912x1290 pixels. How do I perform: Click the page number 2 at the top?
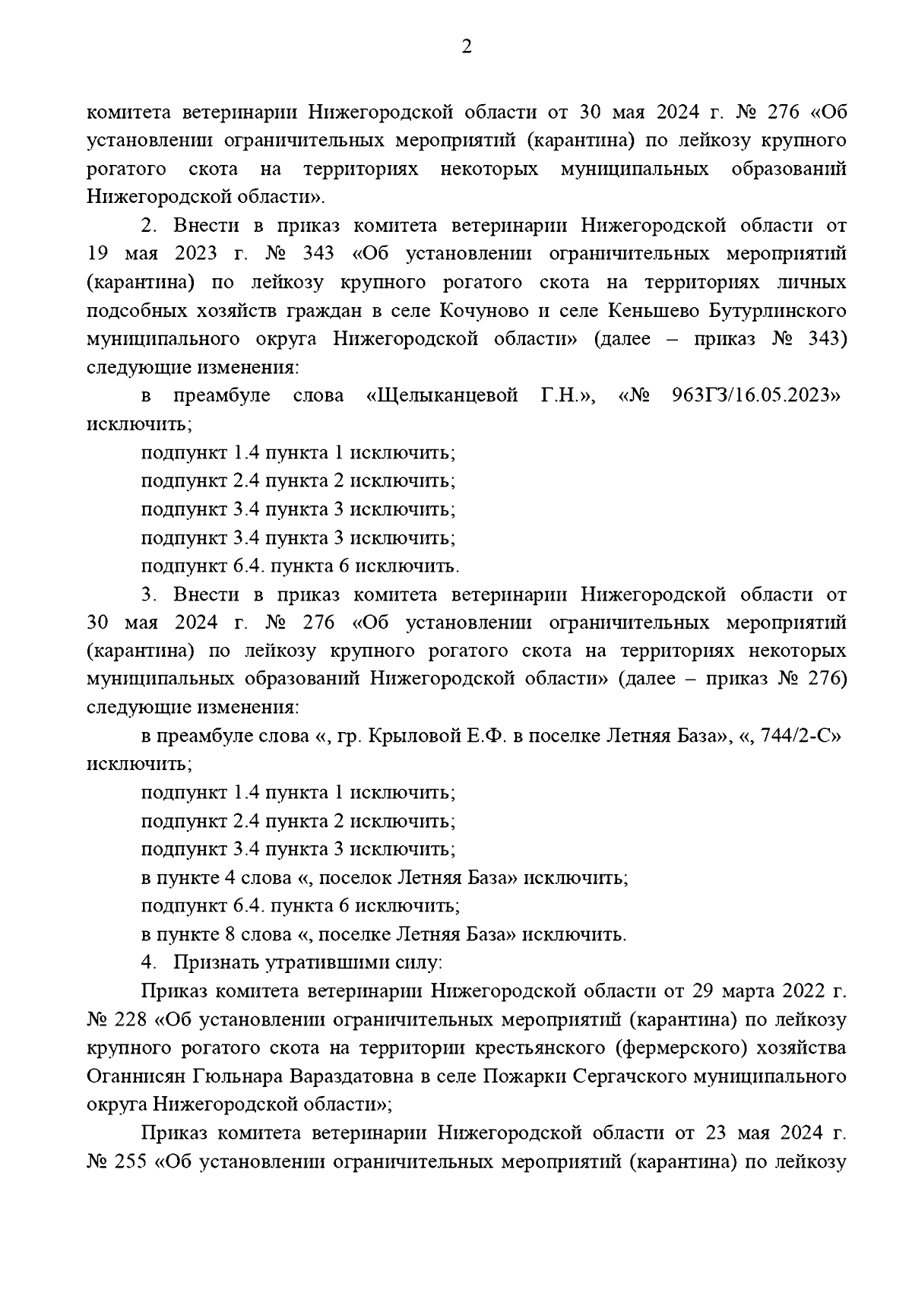pos(467,48)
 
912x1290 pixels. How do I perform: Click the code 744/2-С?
pos(793,736)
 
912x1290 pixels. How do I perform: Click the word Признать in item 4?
pos(215,962)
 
